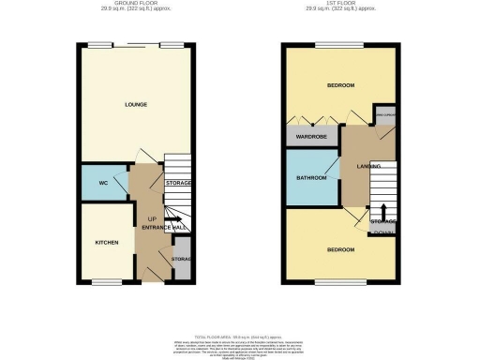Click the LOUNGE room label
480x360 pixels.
click(136, 104)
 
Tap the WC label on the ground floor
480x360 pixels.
click(103, 183)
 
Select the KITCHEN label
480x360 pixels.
click(106, 242)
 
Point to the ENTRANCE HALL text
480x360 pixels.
click(165, 229)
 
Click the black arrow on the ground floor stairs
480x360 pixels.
click(175, 220)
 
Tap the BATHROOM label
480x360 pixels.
click(311, 178)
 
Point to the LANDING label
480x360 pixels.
click(367, 166)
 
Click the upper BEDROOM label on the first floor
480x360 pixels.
click(340, 86)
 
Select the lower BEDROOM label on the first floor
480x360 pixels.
click(340, 249)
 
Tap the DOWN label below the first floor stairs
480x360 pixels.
click(382, 232)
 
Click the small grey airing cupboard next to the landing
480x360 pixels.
click(384, 115)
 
